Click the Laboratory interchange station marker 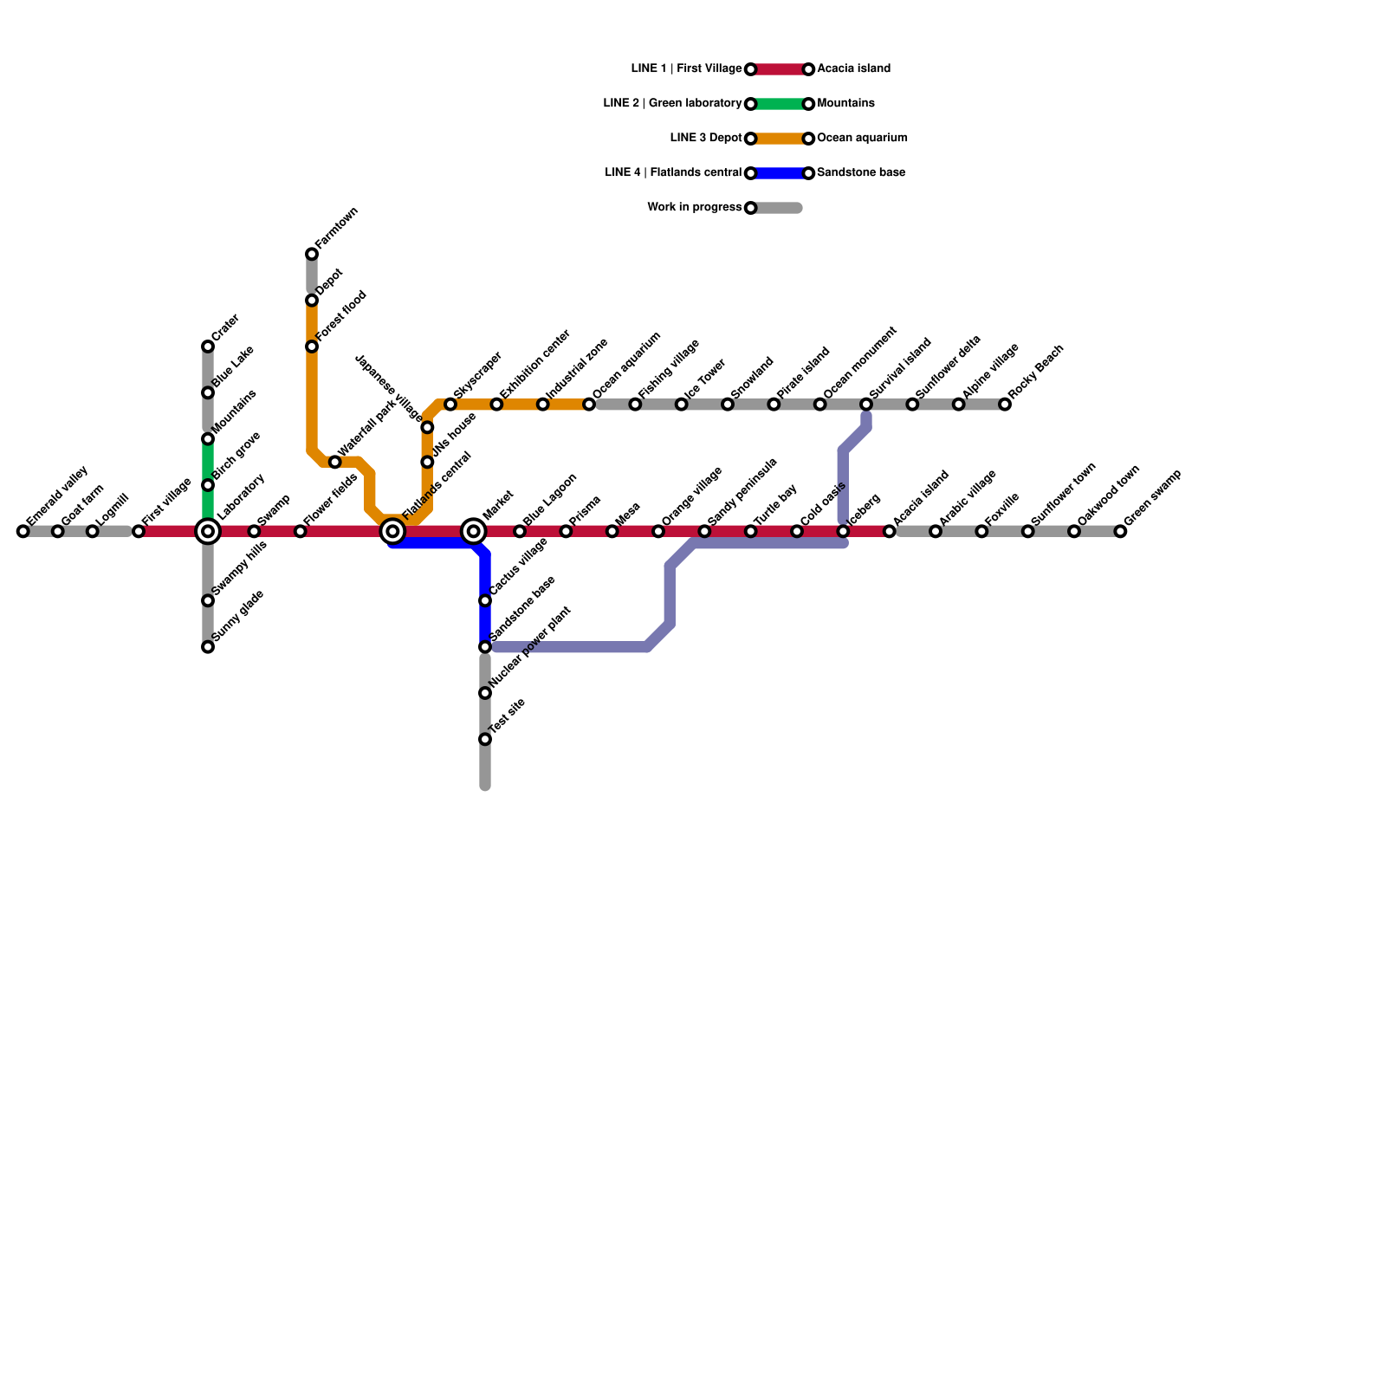(x=208, y=531)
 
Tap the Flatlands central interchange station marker (x=392, y=531)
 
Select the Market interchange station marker (x=473, y=531)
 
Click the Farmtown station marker (x=312, y=254)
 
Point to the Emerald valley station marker (x=23, y=531)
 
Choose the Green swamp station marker (x=1120, y=531)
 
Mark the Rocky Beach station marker (x=1005, y=405)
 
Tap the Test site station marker (x=485, y=739)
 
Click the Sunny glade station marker (x=208, y=647)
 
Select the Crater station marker (x=208, y=346)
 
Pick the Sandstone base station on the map (x=485, y=647)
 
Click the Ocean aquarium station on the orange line (x=589, y=405)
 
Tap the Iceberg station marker (x=843, y=531)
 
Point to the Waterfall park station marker (x=335, y=462)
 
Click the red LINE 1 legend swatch (x=780, y=69)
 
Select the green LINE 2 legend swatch (x=780, y=104)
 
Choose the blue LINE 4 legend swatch (x=780, y=173)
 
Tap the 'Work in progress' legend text (x=694, y=208)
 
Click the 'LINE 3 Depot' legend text (x=706, y=139)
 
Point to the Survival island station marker (x=866, y=405)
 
